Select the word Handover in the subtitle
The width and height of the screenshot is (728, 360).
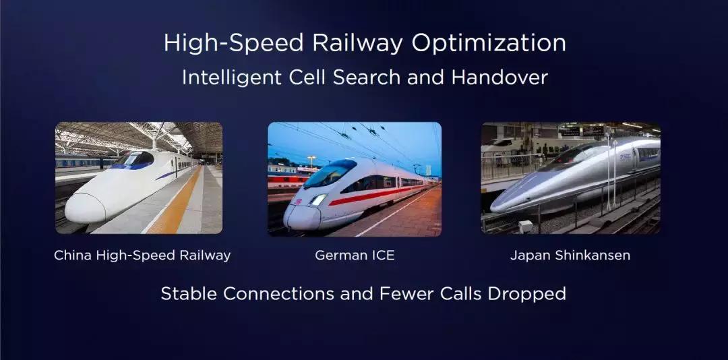[x=499, y=77]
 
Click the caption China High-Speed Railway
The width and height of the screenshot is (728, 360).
[x=142, y=256]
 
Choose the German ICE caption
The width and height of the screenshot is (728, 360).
[x=355, y=256]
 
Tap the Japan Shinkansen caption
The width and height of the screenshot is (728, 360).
[x=570, y=256]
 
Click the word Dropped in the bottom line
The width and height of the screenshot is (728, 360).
[x=527, y=293]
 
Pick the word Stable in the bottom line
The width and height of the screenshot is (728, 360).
[x=189, y=293]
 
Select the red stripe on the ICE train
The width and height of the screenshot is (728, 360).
[x=371, y=196]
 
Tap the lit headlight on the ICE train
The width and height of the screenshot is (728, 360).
[x=318, y=200]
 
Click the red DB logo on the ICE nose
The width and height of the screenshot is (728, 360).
[x=298, y=201]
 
